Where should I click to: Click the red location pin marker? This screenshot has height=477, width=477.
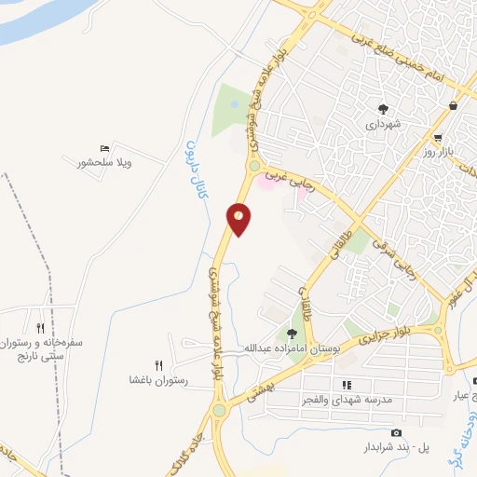coord(239,218)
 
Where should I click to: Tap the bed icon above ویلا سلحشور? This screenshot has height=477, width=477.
coord(104,148)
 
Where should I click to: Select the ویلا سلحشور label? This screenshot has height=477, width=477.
coord(104,163)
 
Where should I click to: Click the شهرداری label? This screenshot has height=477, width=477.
coord(382,123)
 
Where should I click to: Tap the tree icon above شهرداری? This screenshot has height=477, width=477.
coord(382,107)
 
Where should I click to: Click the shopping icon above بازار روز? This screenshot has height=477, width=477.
coord(453,106)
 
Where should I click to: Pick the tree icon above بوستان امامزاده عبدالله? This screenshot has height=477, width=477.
coord(293,334)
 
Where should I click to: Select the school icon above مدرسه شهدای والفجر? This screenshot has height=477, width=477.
coord(347,385)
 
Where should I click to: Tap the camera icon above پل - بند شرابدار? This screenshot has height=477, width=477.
coord(396,433)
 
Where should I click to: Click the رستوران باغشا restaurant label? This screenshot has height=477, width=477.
coord(159,381)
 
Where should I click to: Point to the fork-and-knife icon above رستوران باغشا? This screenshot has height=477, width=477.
coord(159,365)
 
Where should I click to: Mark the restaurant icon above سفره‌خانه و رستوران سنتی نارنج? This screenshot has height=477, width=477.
coord(40,328)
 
